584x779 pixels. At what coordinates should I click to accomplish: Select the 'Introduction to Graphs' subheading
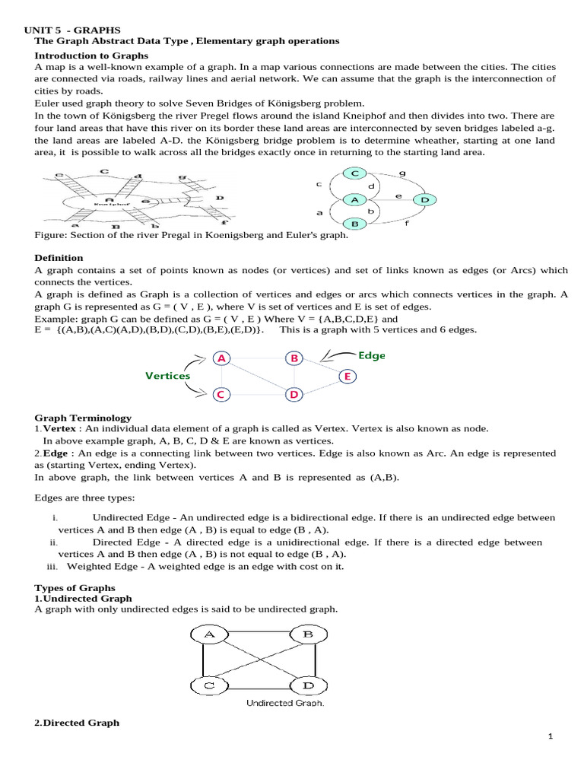tap(91, 56)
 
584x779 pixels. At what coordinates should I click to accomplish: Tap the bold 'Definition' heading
tap(59, 258)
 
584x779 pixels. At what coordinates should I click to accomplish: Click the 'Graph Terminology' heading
tap(83, 418)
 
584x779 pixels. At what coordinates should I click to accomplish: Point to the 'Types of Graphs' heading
tap(75, 588)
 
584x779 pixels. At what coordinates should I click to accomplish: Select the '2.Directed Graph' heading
tap(78, 723)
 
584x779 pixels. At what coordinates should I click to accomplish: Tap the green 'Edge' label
tap(372, 355)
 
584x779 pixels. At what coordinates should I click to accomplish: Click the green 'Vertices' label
tap(168, 376)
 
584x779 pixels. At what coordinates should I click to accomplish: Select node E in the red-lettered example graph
tap(347, 376)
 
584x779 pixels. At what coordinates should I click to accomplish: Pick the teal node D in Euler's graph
tap(424, 199)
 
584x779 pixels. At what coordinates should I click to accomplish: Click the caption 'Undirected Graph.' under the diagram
tap(285, 703)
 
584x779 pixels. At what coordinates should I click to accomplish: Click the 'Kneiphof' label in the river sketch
tap(104, 204)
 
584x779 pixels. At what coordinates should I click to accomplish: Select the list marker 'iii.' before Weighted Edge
tap(54, 567)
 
